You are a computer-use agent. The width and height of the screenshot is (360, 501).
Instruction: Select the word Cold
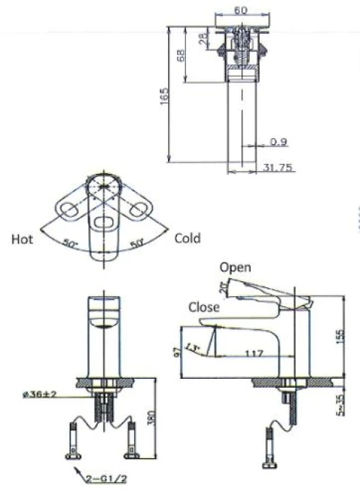click(x=187, y=238)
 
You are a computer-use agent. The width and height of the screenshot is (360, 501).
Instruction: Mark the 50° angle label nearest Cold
click(x=136, y=244)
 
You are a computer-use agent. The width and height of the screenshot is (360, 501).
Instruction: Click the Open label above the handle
click(x=235, y=267)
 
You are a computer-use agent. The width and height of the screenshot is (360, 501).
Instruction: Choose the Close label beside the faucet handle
click(x=204, y=307)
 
